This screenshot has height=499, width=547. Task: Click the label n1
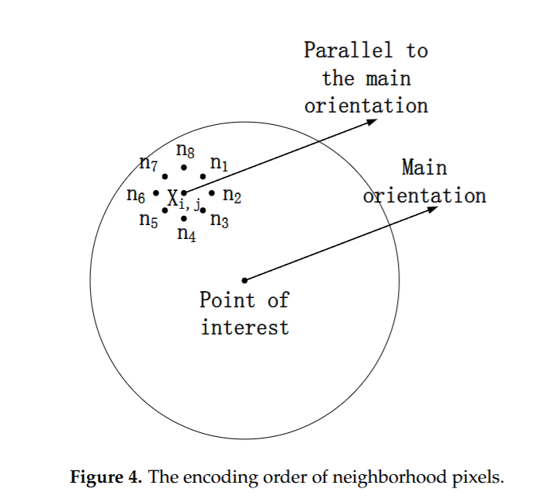click(x=220, y=165)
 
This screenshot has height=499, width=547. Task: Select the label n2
click(x=232, y=196)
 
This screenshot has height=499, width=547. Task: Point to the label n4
click(x=186, y=234)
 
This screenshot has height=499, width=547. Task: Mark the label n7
click(x=148, y=164)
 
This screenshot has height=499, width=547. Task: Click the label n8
click(x=185, y=150)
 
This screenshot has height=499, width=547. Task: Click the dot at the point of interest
click(x=244, y=280)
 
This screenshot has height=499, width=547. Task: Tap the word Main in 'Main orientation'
click(x=424, y=168)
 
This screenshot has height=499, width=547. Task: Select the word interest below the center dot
click(x=244, y=327)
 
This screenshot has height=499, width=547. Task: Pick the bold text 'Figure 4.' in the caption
click(x=107, y=476)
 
